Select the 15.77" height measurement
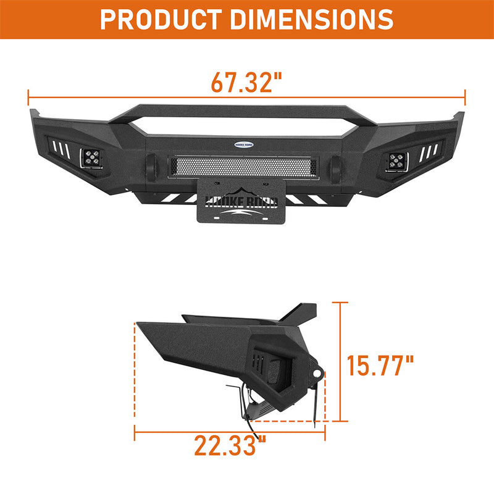[x=379, y=365]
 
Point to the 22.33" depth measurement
[x=230, y=445]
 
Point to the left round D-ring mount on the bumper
[x=151, y=166]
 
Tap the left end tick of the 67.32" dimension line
[x=28, y=96]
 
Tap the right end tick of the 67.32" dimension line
[x=464, y=96]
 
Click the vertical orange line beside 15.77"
[x=339, y=361]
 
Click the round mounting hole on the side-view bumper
[x=316, y=374]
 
